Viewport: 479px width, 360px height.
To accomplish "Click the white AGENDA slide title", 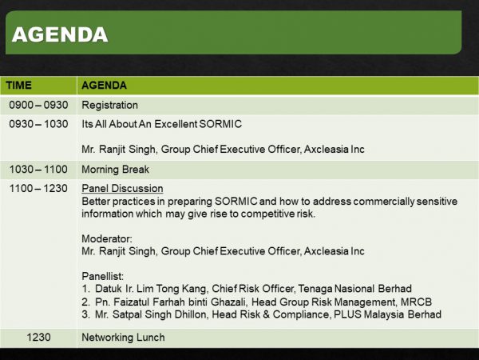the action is tap(60, 34).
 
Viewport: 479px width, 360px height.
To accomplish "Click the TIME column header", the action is tap(18, 85).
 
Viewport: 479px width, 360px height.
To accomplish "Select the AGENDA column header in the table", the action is tap(104, 85).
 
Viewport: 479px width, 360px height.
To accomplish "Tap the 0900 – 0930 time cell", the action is tap(38, 105).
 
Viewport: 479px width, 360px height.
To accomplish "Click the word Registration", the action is tap(109, 106).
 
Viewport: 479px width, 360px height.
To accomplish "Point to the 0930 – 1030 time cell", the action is tap(38, 124).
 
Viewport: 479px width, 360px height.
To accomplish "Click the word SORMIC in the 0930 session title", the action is tap(220, 124).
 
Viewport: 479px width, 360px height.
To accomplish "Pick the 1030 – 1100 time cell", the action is tap(38, 170).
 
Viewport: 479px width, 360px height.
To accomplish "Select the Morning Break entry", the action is tap(116, 170).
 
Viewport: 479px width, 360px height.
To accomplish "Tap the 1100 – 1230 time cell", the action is tap(38, 188).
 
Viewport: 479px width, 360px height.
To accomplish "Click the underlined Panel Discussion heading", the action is tap(122, 189).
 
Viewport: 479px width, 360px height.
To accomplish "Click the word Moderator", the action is tap(107, 238).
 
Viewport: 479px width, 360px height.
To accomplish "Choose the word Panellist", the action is tap(103, 276).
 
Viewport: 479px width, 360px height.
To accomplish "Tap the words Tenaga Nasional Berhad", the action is tap(354, 289).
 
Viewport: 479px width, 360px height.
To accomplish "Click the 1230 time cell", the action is tap(38, 338).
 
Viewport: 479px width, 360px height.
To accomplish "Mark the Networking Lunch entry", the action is tap(123, 338).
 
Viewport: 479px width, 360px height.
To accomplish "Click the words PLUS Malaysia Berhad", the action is tap(387, 314).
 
